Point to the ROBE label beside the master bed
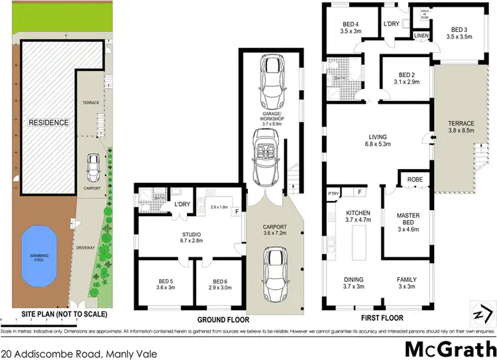tap(415, 179)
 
